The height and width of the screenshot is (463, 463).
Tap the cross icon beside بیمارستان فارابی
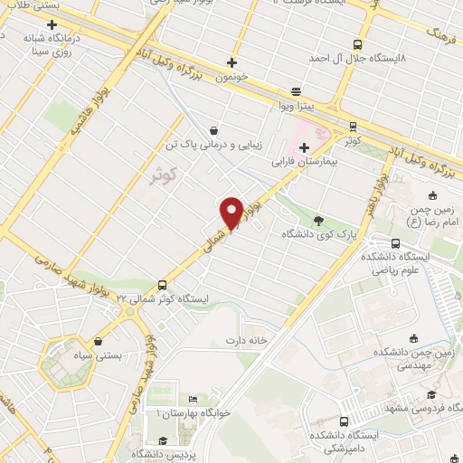pos(305,147)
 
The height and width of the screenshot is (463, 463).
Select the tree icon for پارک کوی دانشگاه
pos(317,220)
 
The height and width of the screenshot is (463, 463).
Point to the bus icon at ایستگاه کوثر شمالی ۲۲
pos(162,283)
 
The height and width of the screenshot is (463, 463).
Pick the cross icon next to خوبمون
pos(232,62)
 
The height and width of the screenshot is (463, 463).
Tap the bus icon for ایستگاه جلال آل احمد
pos(358,43)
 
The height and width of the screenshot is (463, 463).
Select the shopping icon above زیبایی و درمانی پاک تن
pos(213,129)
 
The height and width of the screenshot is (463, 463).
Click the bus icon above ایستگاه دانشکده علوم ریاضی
pos(396,242)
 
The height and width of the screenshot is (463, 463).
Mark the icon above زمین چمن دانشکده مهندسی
pos(413,339)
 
